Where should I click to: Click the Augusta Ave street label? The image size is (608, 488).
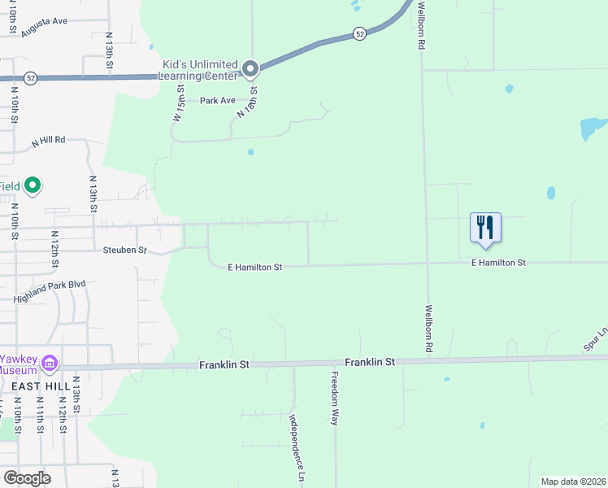pos(45,22)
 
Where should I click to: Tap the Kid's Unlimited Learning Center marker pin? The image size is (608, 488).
pos(250,69)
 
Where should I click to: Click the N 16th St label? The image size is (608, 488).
pos(247,103)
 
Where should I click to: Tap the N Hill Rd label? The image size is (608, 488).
pos(48,142)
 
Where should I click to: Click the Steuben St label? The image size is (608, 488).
pos(124,250)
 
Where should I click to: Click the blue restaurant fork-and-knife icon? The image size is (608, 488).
pos(485,227)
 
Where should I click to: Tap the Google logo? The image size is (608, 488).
pos(27,478)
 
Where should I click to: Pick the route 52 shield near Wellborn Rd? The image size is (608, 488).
pos(359,33)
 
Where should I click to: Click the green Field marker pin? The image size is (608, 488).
pos(33,186)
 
